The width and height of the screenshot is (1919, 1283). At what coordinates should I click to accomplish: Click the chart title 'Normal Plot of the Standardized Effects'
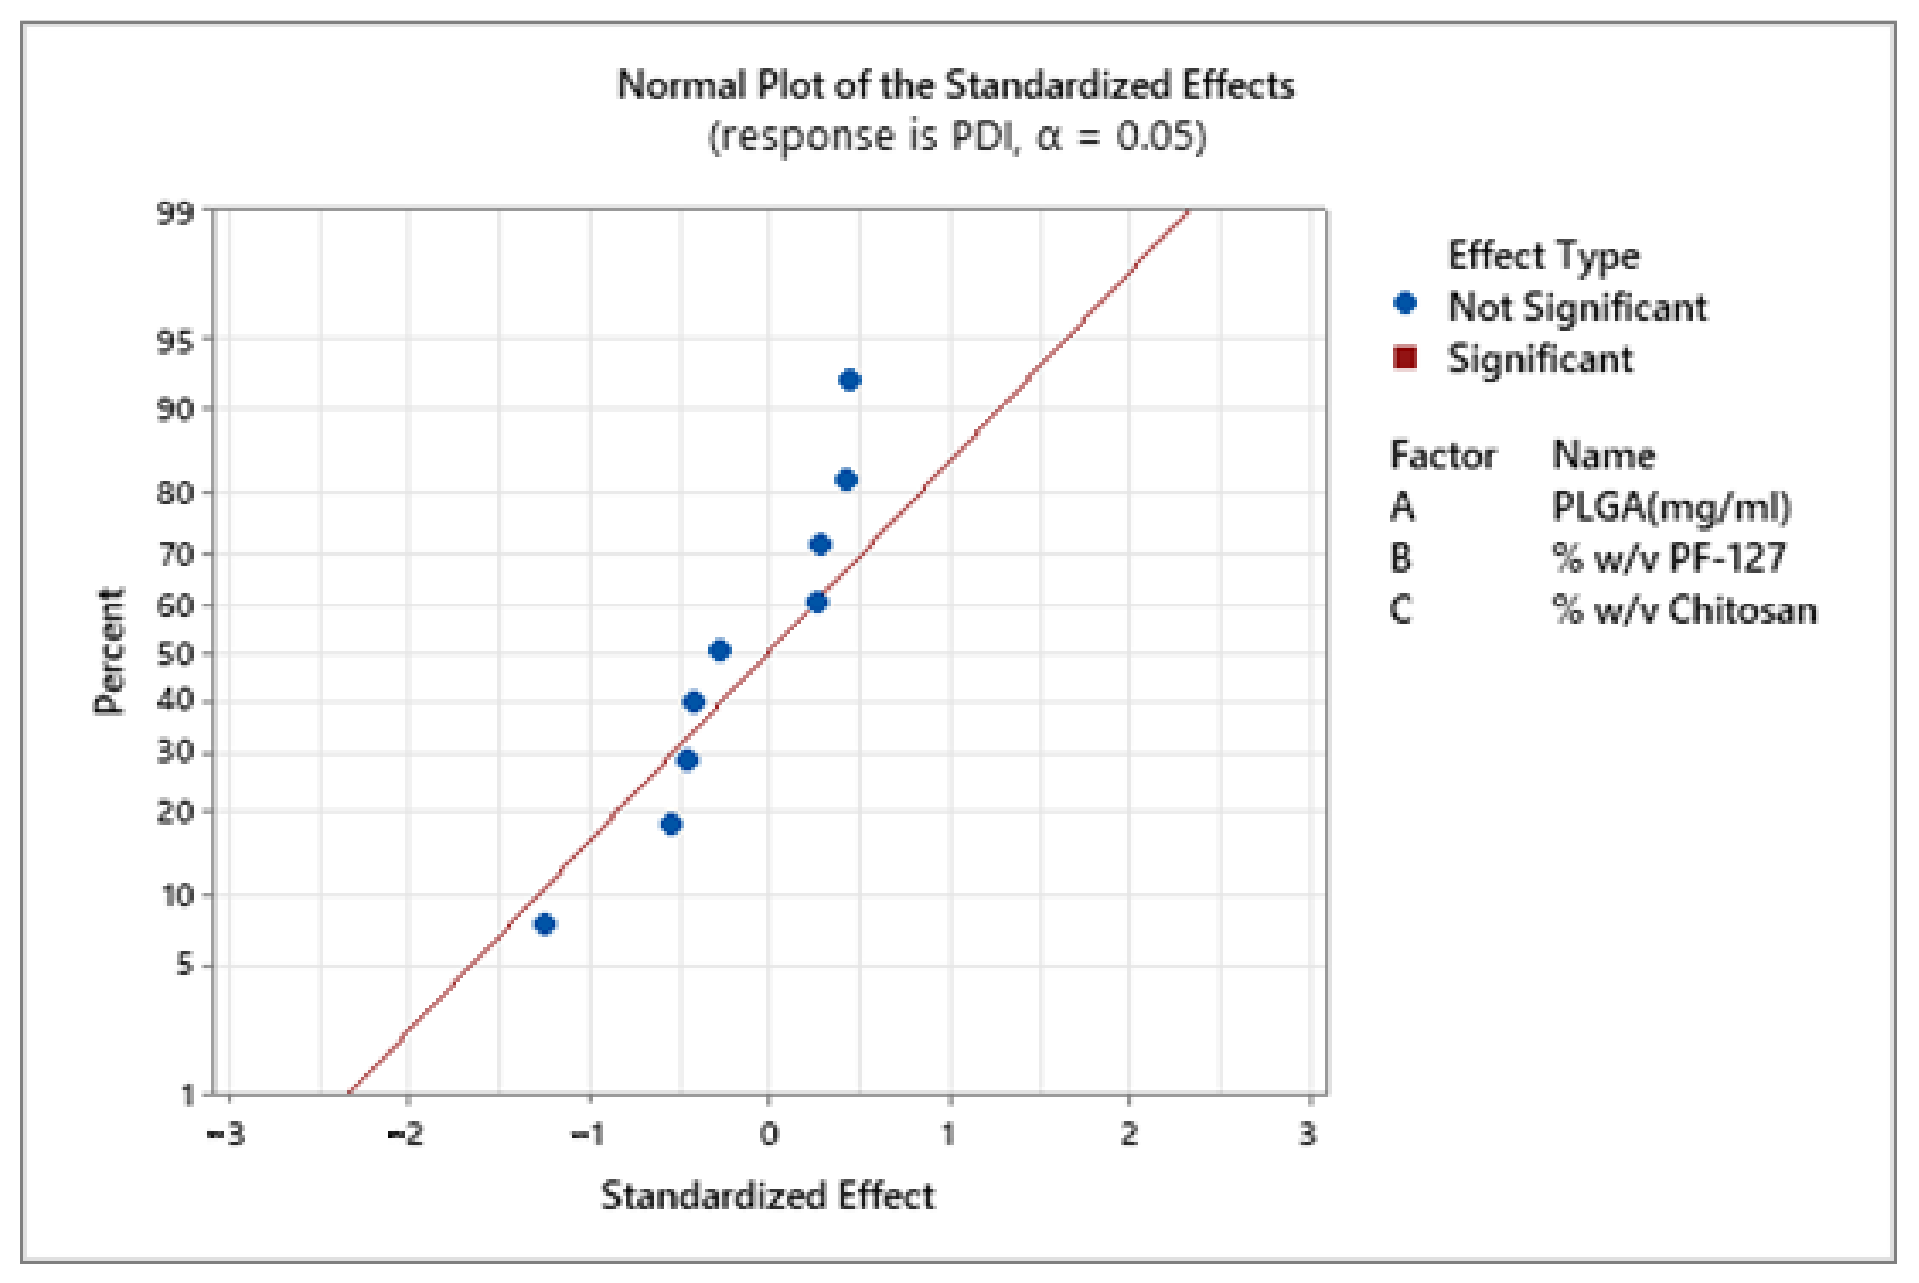(956, 85)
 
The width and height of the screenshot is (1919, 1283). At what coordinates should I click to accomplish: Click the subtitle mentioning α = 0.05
(956, 136)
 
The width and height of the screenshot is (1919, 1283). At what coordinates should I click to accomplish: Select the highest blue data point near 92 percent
(850, 380)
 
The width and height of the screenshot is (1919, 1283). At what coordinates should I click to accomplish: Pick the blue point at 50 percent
(719, 650)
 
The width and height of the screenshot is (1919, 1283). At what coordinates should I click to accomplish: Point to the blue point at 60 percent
(817, 602)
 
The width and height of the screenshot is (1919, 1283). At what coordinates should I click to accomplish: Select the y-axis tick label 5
(185, 966)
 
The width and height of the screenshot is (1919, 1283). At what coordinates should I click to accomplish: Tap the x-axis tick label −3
(226, 1135)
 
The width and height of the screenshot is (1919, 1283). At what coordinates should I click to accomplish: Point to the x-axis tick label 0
(768, 1135)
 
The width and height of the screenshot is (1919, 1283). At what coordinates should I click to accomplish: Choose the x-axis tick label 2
(1128, 1135)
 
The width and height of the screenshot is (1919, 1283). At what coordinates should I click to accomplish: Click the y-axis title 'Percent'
(109, 651)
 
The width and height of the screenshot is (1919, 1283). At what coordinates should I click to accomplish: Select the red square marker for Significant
(1404, 358)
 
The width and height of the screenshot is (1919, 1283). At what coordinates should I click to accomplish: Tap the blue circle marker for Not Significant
(1404, 304)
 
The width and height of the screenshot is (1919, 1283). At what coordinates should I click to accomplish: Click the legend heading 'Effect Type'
(1543, 256)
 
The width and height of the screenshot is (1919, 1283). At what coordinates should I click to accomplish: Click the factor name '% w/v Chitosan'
(1684, 609)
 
